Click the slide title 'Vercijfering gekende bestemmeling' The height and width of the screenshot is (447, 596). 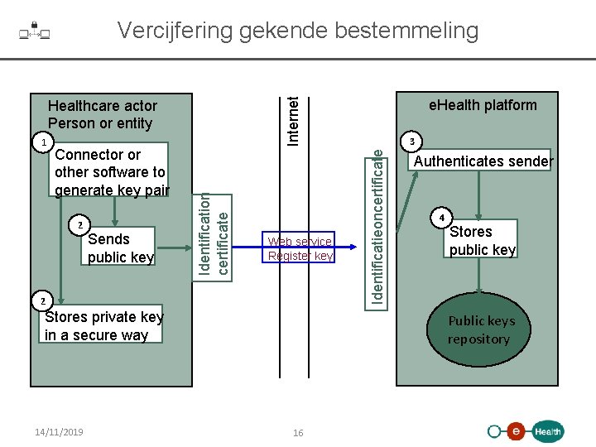pyautogui.click(x=298, y=31)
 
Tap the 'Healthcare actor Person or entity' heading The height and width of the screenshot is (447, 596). pyautogui.click(x=102, y=114)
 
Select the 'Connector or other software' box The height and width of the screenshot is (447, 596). pyautogui.click(x=111, y=172)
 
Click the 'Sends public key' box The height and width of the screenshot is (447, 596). pyautogui.click(x=120, y=248)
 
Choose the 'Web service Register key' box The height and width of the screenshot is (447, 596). pyautogui.click(x=300, y=248)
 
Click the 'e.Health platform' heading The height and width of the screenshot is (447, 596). pyautogui.click(x=482, y=105)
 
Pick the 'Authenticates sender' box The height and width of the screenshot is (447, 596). pyautogui.click(x=483, y=161)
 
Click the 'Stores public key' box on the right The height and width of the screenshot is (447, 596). pyautogui.click(x=482, y=241)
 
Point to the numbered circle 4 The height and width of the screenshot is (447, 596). pyautogui.click(x=442, y=219)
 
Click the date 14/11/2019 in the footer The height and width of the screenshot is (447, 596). pyautogui.click(x=60, y=432)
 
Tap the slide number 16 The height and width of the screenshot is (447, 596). pyautogui.click(x=298, y=433)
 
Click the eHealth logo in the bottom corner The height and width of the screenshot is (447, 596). pyautogui.click(x=526, y=430)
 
